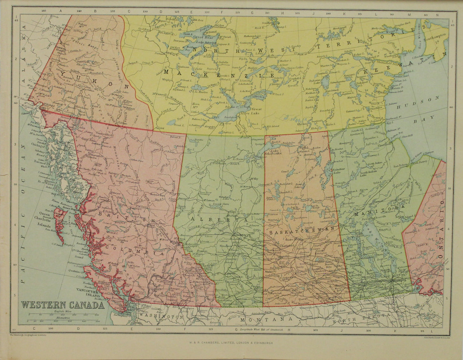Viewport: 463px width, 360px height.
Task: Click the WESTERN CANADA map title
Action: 63,305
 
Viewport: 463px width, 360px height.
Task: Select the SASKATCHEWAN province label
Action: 303,230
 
